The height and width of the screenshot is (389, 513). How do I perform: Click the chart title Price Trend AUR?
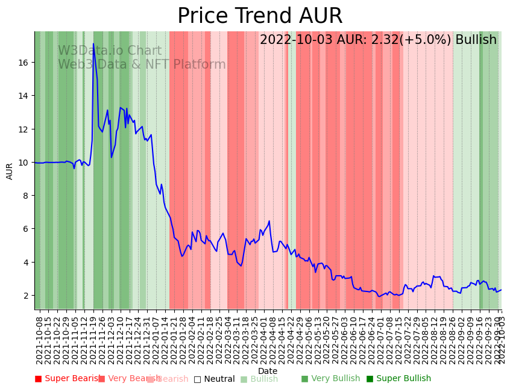pos(260,16)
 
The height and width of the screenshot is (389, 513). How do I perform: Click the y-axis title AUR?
pos(10,171)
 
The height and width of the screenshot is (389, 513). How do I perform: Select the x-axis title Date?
pos(268,371)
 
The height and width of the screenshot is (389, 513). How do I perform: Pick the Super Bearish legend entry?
pos(68,379)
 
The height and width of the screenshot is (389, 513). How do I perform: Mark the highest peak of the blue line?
pos(93,44)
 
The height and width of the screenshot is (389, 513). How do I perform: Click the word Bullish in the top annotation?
pos(476,40)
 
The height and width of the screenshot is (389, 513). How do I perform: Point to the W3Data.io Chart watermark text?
pos(110,51)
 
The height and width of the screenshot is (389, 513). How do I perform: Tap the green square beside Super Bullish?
pos(370,379)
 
